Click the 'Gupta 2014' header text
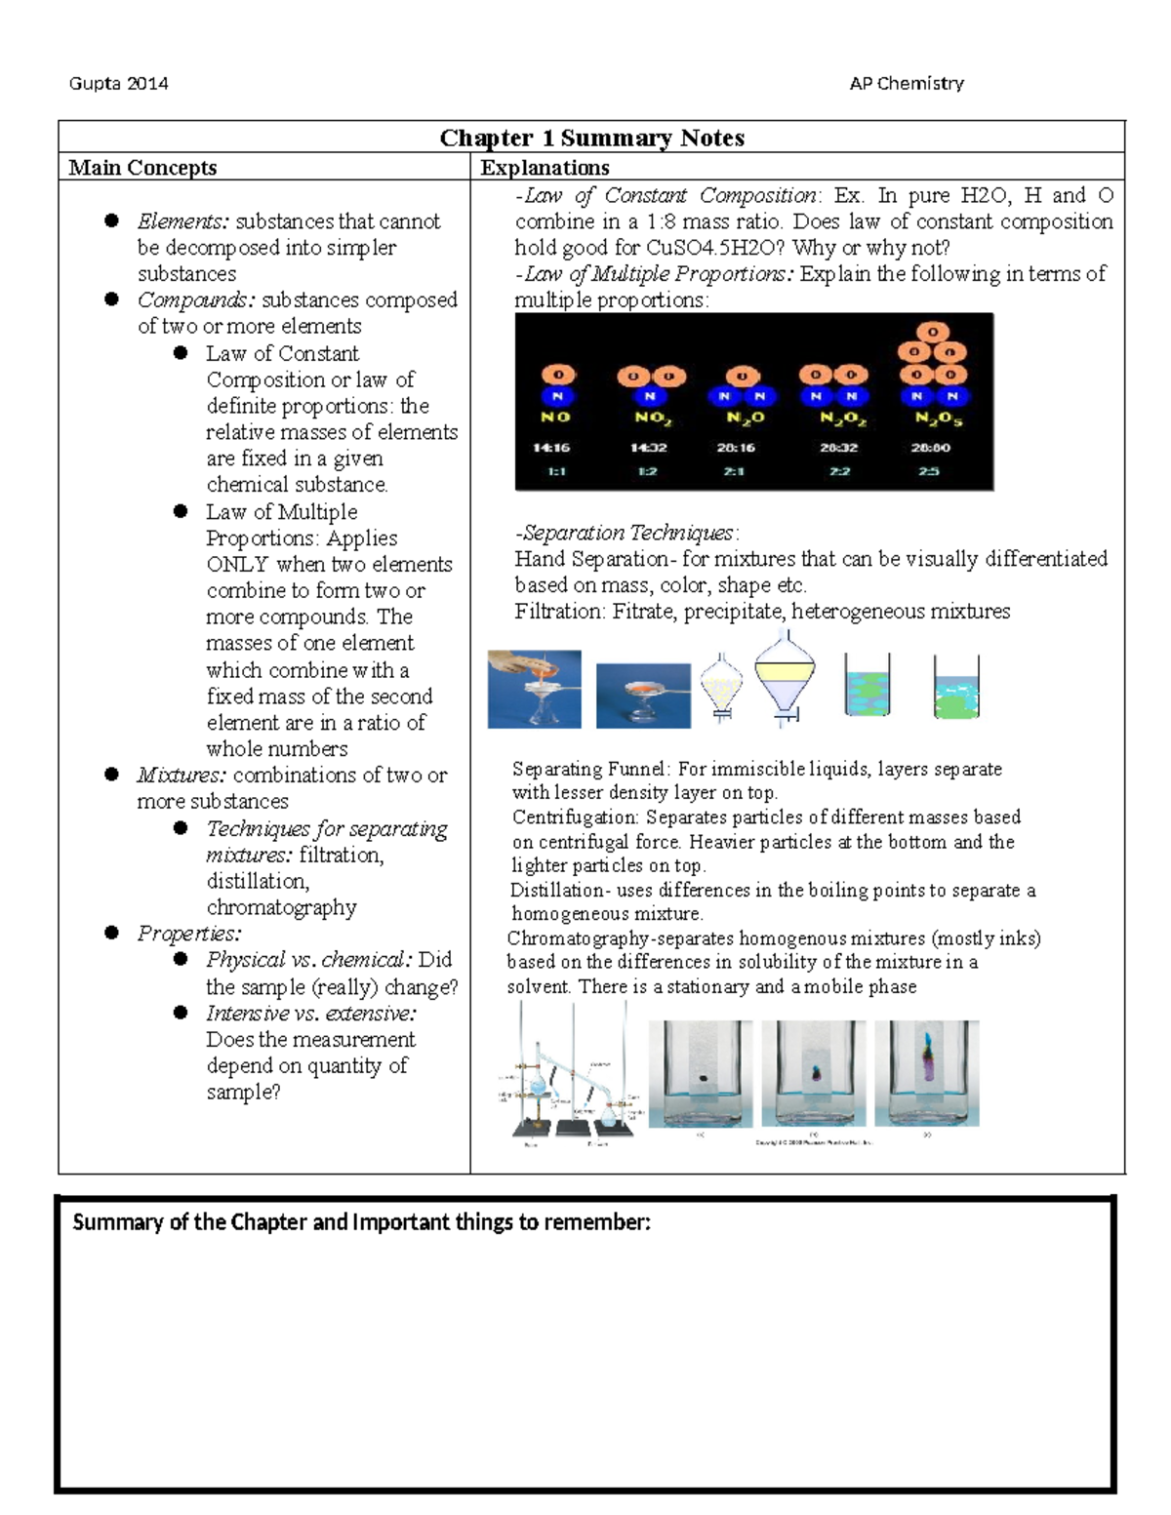(x=118, y=84)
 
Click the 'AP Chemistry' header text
(x=907, y=84)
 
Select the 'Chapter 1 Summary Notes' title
(x=591, y=138)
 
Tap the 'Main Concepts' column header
(x=142, y=168)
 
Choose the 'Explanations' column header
(x=545, y=168)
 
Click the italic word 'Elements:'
(x=183, y=221)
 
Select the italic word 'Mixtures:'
(x=182, y=776)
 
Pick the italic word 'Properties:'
(x=189, y=934)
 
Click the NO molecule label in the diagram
(x=556, y=418)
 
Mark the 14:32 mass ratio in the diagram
(x=648, y=449)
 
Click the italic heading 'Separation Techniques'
(x=627, y=534)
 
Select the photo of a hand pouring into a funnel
(x=534, y=689)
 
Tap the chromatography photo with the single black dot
(x=701, y=1073)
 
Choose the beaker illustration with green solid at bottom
(x=955, y=688)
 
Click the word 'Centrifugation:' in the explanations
(x=576, y=817)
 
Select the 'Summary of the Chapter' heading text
(x=361, y=1223)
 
